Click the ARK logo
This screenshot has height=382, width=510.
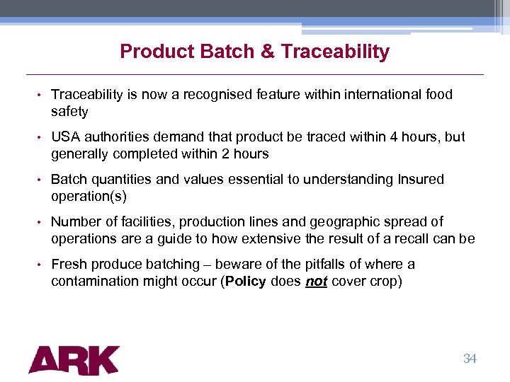pos(74,359)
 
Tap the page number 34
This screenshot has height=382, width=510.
pos(470,359)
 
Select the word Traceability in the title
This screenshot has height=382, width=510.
pos(335,52)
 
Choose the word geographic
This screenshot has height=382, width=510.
pos(346,222)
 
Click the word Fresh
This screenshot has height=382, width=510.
pos(69,265)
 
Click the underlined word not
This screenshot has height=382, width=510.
pos(315,282)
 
